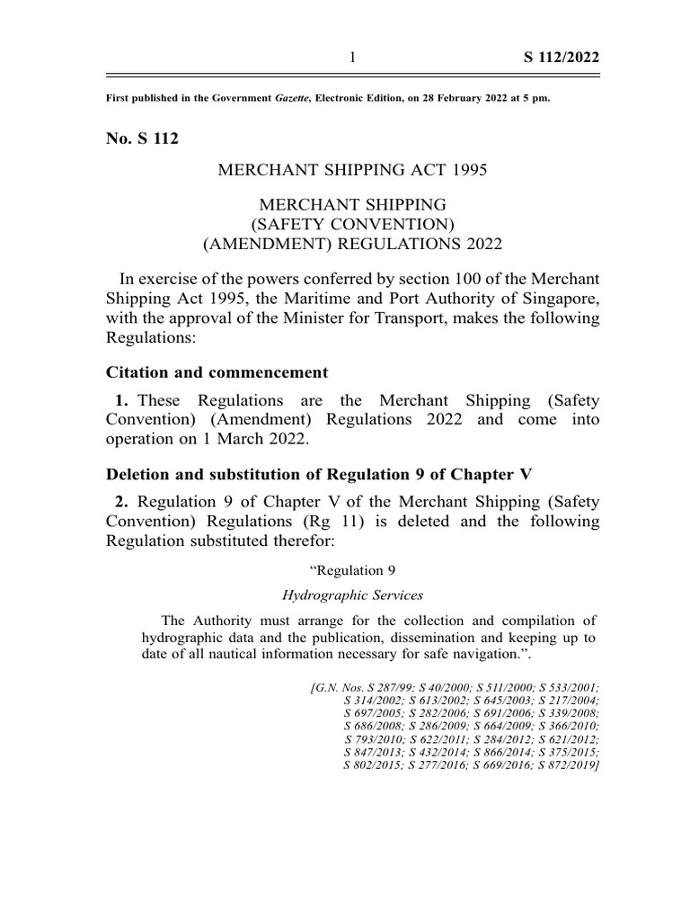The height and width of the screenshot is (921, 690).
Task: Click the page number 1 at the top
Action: coord(353,58)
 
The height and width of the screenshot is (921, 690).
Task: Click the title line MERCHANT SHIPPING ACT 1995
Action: coord(353,170)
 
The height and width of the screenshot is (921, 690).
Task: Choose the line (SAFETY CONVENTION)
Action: coord(353,224)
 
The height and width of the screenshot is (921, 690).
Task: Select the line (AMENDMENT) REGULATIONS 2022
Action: coord(353,244)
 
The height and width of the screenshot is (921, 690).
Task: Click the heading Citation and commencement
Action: coord(217,372)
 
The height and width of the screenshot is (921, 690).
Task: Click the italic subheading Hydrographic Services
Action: coord(353,595)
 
